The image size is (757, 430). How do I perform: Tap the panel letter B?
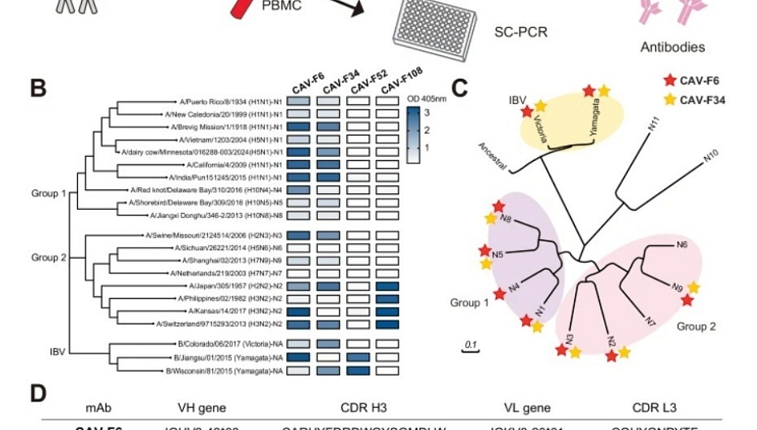point(39,88)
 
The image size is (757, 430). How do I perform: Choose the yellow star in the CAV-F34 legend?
point(670,99)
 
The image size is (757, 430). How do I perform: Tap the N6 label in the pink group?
point(683,245)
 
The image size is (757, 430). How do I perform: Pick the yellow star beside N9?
point(694,288)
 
